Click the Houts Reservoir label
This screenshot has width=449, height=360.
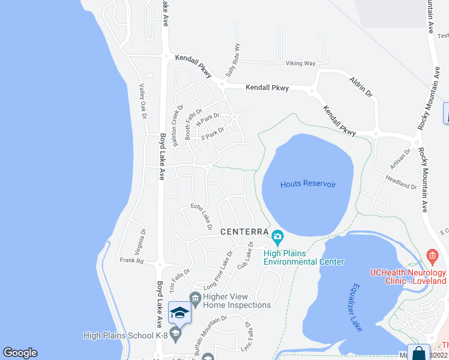308,184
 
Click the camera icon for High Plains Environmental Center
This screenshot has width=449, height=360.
277,236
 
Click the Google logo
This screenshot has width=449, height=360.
20,353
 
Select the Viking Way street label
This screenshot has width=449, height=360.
301,63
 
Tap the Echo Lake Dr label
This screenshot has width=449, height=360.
202,216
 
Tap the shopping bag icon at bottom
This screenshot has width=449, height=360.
418,354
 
